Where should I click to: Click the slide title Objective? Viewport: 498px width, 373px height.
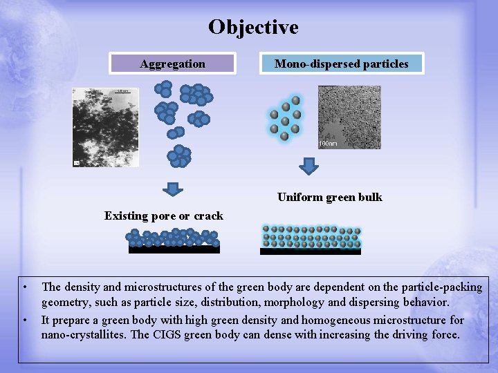pos(253,27)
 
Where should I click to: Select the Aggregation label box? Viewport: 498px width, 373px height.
pos(173,64)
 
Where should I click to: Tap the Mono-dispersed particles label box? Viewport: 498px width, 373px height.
pos(342,64)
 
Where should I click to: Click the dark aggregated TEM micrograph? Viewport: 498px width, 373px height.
pos(100,126)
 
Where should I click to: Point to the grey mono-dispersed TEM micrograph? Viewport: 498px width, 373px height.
pos(349,117)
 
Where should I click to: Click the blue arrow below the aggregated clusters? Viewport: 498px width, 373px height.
pos(176,188)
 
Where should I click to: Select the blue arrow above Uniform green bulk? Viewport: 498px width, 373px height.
pos(310,166)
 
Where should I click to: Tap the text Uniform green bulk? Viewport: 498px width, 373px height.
pos(329,198)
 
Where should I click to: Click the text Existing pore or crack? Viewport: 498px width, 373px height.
pos(164,216)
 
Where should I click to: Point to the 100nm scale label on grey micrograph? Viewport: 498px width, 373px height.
pos(329,144)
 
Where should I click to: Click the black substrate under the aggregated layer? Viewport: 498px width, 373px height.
pos(174,249)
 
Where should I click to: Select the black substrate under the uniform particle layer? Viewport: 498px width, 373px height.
pos(310,251)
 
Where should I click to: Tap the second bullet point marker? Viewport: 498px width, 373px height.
pos(24,320)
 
